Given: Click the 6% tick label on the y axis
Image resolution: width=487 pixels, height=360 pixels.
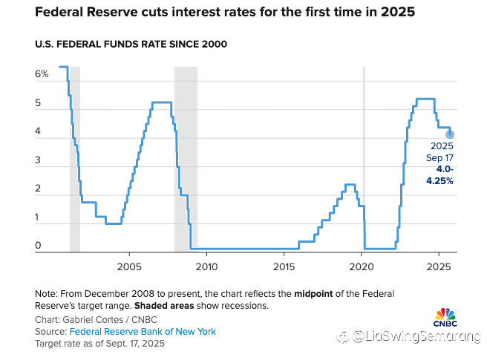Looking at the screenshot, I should pyautogui.click(x=42, y=74).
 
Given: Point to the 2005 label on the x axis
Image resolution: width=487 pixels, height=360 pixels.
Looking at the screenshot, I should pyautogui.click(x=129, y=266).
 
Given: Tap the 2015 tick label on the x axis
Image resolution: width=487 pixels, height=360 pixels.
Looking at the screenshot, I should pyautogui.click(x=284, y=266).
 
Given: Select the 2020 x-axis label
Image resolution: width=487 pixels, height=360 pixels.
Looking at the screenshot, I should pyautogui.click(x=362, y=266).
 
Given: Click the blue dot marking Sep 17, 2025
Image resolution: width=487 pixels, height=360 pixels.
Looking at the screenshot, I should pyautogui.click(x=450, y=134).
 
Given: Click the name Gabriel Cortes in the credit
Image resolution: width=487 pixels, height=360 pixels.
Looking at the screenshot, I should pyautogui.click(x=94, y=320).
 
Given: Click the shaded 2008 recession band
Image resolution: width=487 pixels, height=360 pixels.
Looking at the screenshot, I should pyautogui.click(x=186, y=160).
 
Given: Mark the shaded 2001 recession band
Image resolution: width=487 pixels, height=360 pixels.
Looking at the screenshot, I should pyautogui.click(x=74, y=160).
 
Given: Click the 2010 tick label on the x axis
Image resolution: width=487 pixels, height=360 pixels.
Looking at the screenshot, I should pyautogui.click(x=206, y=266).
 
